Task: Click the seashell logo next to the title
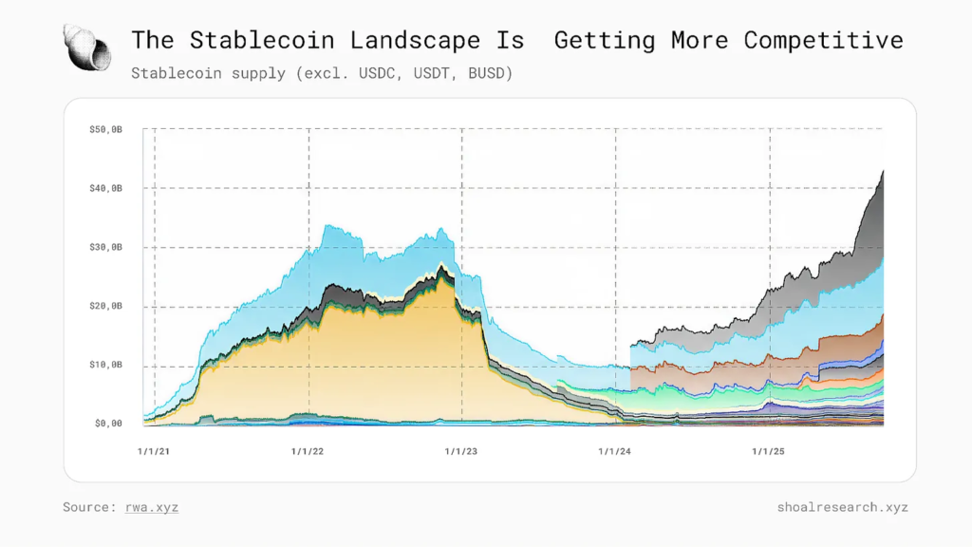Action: (x=86, y=47)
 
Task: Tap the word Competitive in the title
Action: (x=823, y=40)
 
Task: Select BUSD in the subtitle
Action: (x=491, y=73)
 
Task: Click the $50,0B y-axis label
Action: (x=105, y=129)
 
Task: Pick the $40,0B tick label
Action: (x=105, y=188)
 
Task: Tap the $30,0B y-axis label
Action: (x=105, y=247)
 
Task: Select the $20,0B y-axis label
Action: (x=105, y=306)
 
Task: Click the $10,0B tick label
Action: (x=105, y=365)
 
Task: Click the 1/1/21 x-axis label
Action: (x=154, y=452)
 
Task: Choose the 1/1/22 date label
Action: (x=308, y=452)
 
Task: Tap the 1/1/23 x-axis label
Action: (x=461, y=452)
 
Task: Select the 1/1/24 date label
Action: (x=615, y=452)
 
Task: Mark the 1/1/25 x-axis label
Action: (x=769, y=452)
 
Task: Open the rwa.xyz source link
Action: (x=152, y=507)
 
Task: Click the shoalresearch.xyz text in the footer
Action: (x=842, y=507)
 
